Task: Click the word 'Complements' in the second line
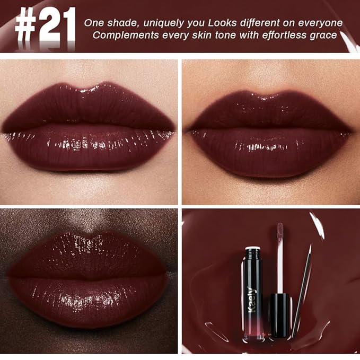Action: click(x=122, y=36)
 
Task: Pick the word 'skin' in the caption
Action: click(x=207, y=36)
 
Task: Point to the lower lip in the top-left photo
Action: click(x=89, y=151)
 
